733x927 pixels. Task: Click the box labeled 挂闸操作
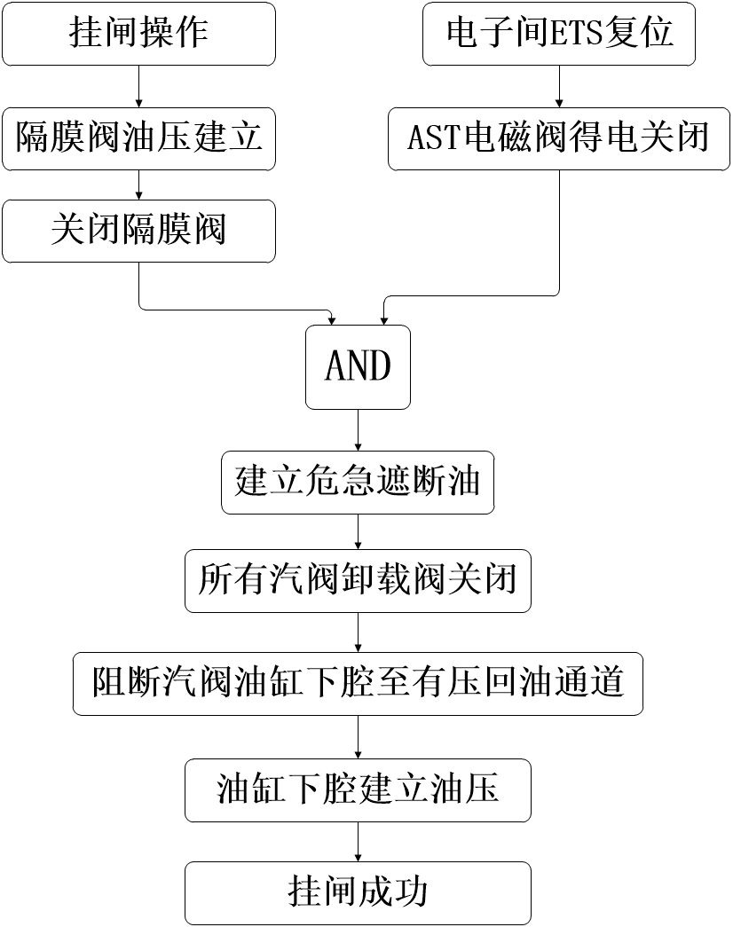pos(138,34)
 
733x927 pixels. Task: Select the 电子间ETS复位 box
pos(559,34)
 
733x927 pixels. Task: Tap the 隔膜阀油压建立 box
pos(138,138)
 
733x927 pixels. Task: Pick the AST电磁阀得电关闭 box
pos(559,138)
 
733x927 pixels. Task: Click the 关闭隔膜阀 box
pos(138,231)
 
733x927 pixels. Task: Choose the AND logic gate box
pos(358,366)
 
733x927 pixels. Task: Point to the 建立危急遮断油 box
pos(358,482)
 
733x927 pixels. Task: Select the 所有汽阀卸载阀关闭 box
pos(358,581)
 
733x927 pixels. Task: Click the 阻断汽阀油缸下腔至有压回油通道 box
pos(358,684)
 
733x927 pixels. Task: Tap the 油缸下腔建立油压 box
pos(358,790)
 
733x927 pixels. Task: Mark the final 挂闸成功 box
pos(358,892)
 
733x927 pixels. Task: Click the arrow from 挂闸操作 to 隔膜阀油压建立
pos(138,87)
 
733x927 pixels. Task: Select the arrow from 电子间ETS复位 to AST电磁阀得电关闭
pos(559,87)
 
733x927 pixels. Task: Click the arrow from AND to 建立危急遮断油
pos(358,430)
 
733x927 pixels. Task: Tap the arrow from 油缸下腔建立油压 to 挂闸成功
pos(358,841)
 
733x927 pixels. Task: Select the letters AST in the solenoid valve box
pos(432,139)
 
